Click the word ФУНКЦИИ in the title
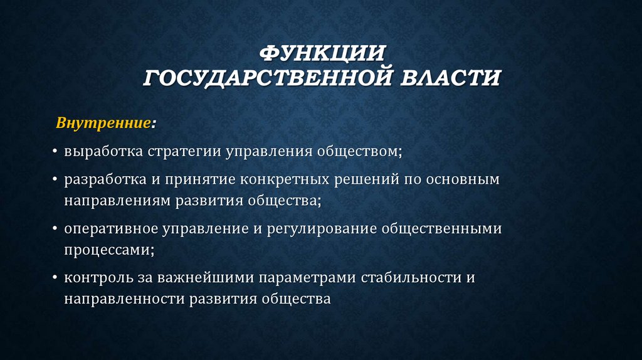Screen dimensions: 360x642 point(321,53)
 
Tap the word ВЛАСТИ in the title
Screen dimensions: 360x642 point(450,79)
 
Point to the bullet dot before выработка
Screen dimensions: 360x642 point(56,152)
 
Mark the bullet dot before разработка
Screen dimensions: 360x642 point(56,181)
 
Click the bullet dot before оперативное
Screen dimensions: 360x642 point(56,229)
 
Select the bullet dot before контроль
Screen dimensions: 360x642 point(56,277)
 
